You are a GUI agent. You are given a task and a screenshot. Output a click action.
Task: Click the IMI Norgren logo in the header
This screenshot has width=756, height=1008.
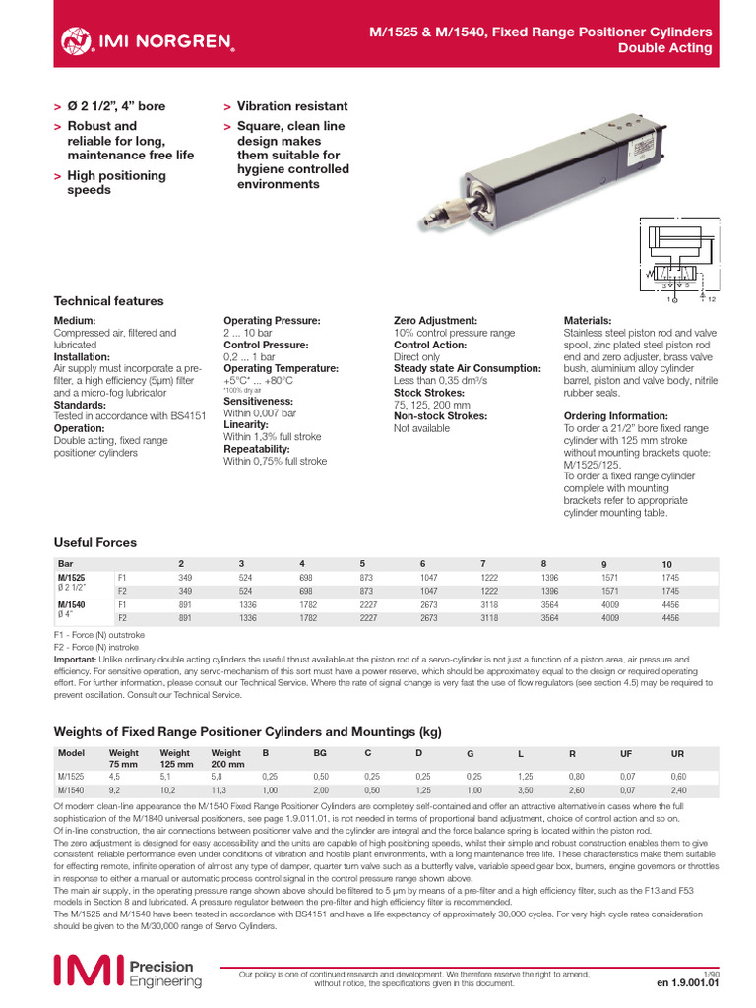click(x=148, y=40)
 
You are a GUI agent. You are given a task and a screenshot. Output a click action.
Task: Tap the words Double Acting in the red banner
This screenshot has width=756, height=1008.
click(x=664, y=49)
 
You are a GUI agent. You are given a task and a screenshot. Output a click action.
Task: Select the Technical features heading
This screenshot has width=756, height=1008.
click(x=108, y=301)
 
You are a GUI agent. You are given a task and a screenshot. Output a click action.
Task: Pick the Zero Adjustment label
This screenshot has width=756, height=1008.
click(x=435, y=321)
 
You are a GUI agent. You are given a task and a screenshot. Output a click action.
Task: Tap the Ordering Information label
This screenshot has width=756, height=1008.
click(x=615, y=416)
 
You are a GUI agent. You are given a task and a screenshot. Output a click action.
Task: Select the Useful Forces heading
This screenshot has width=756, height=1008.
click(x=95, y=542)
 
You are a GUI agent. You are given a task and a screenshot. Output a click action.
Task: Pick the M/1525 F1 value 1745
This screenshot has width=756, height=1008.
click(x=671, y=577)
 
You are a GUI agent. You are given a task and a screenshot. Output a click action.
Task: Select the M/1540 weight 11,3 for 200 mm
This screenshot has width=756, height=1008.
click(x=220, y=789)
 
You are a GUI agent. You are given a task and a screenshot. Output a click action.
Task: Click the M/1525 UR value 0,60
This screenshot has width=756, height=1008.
click(x=677, y=775)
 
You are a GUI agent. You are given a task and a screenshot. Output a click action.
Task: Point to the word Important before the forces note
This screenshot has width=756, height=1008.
click(x=75, y=658)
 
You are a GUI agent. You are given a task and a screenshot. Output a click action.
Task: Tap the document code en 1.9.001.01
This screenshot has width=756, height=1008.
click(x=688, y=981)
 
